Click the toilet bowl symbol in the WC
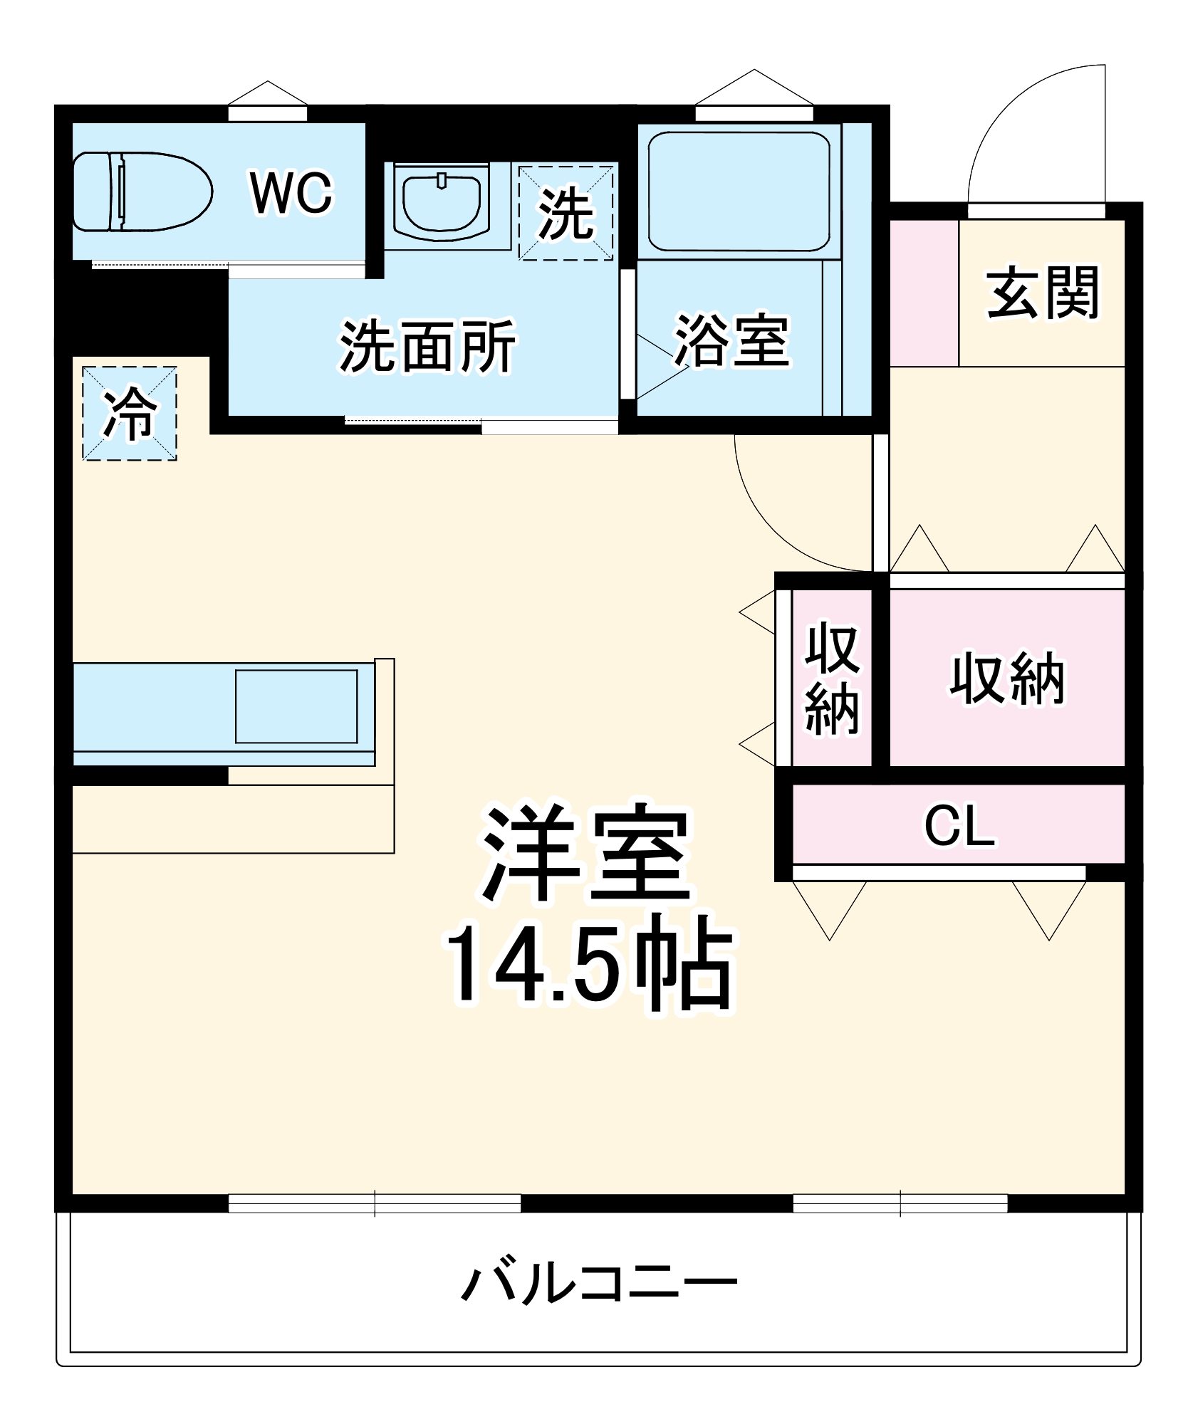click(142, 192)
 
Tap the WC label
click(291, 193)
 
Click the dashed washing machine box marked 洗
click(566, 213)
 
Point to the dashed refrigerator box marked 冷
click(130, 414)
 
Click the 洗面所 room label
click(427, 347)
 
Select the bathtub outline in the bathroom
click(739, 191)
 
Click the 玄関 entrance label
click(1043, 293)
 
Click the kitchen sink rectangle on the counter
click(296, 706)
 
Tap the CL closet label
click(959, 826)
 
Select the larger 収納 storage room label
click(1007, 679)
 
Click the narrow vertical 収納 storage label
click(831, 678)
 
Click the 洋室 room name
click(586, 852)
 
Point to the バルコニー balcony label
click(598, 1284)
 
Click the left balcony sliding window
click(375, 1203)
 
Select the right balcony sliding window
click(900, 1203)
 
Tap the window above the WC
click(267, 113)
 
